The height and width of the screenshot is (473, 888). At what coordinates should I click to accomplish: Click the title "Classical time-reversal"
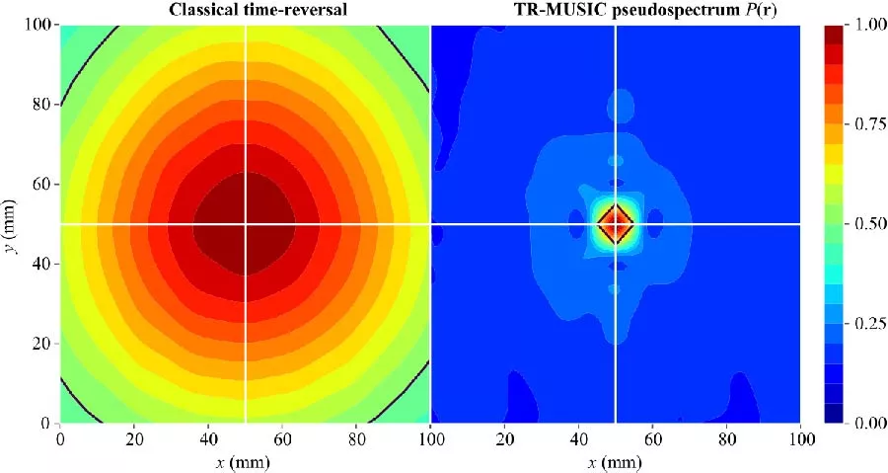click(244, 11)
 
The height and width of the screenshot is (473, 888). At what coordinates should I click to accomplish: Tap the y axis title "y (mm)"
click(12, 224)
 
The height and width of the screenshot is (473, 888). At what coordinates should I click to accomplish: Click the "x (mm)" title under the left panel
click(245, 461)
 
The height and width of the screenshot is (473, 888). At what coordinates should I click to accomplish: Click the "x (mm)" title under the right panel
click(616, 461)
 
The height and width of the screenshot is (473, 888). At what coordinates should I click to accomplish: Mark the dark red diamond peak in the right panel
click(616, 224)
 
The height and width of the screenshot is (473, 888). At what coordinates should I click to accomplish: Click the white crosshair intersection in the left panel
click(245, 224)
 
